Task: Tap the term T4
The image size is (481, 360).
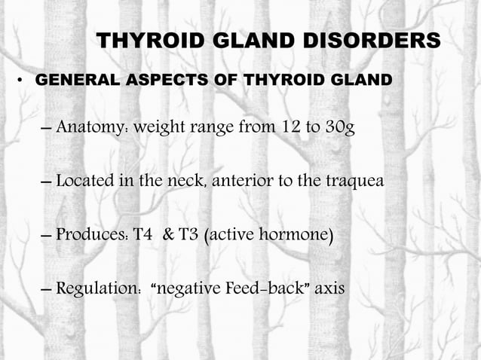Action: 146,236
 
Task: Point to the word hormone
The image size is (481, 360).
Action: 297,236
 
